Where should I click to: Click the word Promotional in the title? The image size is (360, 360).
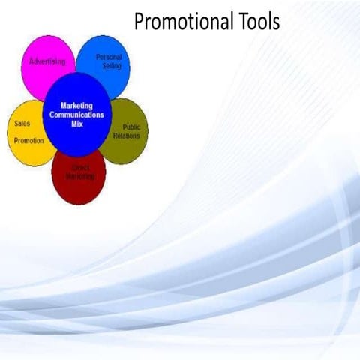point(180,22)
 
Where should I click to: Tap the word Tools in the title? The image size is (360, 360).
point(255,22)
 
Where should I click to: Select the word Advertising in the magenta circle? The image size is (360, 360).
point(48,61)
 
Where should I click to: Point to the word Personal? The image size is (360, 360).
point(109,57)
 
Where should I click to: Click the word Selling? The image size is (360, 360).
point(112,66)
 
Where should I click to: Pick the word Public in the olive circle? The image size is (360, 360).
point(131,127)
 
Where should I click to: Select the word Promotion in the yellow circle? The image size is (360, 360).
point(29,140)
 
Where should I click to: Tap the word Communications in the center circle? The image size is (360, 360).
point(76,115)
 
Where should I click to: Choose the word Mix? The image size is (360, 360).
point(76,124)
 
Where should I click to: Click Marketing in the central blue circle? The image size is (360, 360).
point(76,106)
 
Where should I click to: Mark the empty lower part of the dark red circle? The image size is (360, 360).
point(79,193)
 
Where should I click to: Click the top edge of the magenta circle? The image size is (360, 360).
point(48,37)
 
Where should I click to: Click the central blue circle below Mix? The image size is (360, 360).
point(76,142)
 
